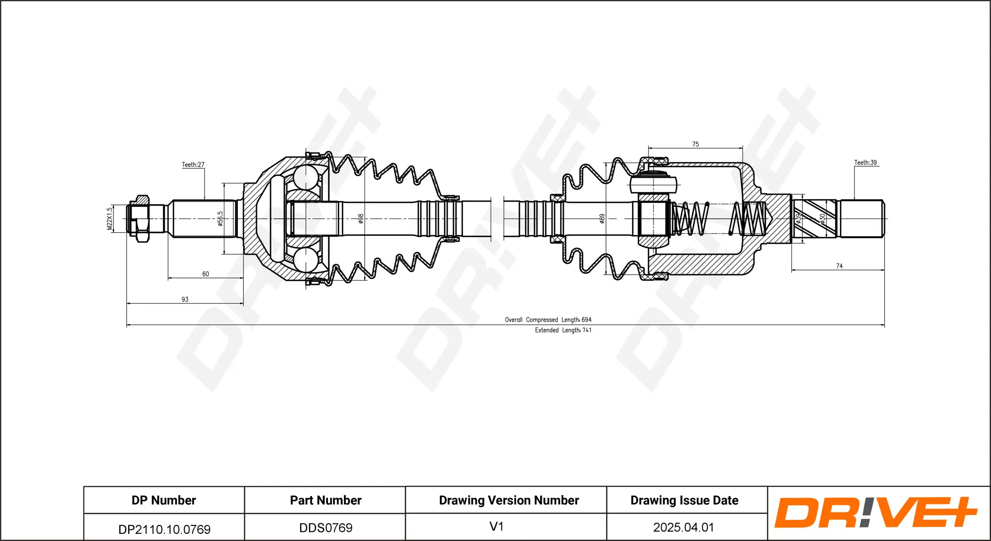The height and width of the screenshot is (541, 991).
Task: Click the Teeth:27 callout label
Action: [193, 165]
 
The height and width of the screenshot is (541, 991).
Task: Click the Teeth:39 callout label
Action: [865, 163]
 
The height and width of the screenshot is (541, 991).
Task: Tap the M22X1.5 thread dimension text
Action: [110, 219]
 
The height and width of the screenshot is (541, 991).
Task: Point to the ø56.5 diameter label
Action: [220, 219]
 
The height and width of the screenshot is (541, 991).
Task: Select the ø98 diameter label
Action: [361, 219]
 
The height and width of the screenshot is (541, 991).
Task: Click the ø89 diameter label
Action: [602, 219]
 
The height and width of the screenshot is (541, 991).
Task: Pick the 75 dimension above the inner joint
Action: [695, 144]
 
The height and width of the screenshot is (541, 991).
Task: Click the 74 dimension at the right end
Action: [839, 266]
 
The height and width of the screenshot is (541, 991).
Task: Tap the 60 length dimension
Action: [205, 274]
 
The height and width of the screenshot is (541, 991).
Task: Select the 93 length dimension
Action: [185, 300]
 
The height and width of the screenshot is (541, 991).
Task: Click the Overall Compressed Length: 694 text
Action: [548, 320]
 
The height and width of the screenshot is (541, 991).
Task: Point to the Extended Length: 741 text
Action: [563, 330]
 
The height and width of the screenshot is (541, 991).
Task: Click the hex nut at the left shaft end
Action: [142, 219]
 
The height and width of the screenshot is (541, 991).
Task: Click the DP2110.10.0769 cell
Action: [164, 529]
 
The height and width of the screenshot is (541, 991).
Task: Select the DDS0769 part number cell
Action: [325, 528]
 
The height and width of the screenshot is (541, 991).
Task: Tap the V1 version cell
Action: [496, 527]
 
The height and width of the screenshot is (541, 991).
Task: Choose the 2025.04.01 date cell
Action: [683, 528]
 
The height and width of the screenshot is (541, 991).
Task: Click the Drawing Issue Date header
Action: [684, 501]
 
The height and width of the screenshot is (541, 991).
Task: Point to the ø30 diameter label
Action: [823, 219]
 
